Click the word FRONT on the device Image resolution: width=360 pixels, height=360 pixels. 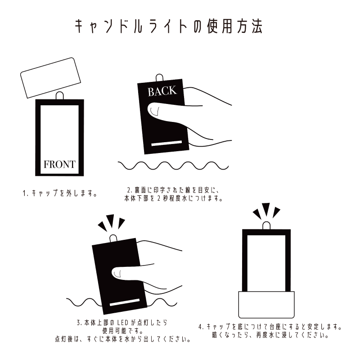click(x=59, y=164)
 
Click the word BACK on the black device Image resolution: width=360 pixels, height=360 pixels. click(x=162, y=91)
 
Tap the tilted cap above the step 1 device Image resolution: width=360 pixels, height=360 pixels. click(x=50, y=78)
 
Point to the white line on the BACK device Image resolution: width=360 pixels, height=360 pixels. click(x=166, y=143)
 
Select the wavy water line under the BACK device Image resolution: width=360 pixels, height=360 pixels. click(x=173, y=166)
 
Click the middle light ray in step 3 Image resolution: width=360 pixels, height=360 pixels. click(x=111, y=220)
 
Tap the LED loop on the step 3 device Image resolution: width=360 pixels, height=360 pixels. click(x=113, y=239)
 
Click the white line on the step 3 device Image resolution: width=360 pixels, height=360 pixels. click(x=125, y=302)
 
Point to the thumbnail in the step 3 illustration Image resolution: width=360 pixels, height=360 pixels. click(x=117, y=273)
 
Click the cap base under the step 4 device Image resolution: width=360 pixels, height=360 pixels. click(x=266, y=305)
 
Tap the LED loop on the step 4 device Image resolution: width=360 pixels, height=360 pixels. click(x=266, y=225)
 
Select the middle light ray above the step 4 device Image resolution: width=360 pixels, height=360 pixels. click(x=266, y=209)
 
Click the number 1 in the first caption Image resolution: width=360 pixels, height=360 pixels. click(x=24, y=193)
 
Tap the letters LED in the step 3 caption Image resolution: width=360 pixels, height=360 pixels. click(x=122, y=323)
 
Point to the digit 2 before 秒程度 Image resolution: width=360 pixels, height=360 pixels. click(x=159, y=198)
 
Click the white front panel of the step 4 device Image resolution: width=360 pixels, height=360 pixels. click(x=266, y=263)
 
